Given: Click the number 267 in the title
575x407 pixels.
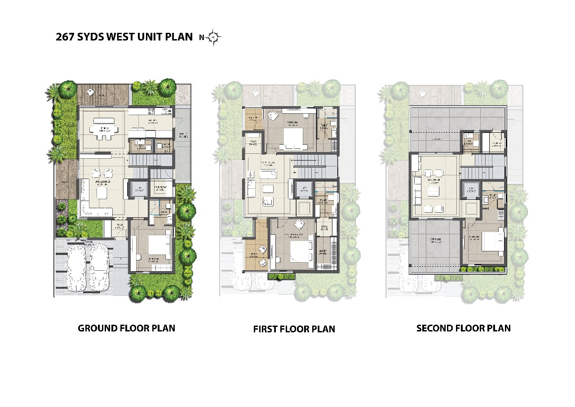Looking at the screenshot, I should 65,37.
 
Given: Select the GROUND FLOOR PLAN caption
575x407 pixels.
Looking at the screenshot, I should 126,328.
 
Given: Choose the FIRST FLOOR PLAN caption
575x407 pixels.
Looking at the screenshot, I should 294,329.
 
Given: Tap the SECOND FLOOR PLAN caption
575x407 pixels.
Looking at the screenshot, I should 463,328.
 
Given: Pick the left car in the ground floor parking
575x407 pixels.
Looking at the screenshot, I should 76,268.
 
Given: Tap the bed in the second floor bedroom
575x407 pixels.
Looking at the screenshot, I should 492,243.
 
